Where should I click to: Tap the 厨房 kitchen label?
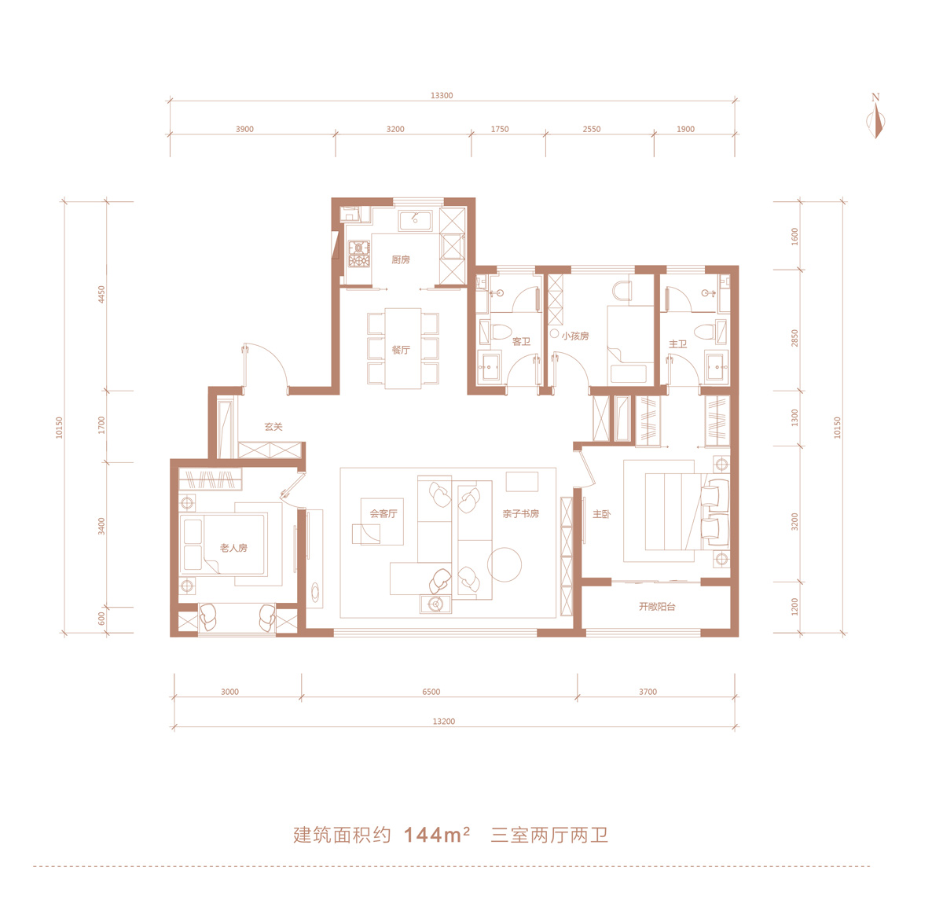(401, 259)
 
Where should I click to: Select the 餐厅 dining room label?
(401, 350)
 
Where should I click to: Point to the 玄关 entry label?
(273, 427)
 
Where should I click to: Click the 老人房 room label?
(233, 548)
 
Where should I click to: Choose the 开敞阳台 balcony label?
(657, 606)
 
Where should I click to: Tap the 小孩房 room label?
(575, 336)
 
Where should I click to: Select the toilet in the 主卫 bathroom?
(705, 332)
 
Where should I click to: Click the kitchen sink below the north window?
(416, 220)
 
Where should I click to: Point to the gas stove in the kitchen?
(359, 254)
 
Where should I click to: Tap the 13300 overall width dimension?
(442, 95)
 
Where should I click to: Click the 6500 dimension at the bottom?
(431, 692)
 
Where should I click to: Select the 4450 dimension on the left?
(101, 294)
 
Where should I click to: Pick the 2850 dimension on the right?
(794, 338)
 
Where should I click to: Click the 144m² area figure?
(436, 836)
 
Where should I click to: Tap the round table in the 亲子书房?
(505, 564)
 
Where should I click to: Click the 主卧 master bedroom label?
(601, 514)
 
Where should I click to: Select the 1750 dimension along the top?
(499, 129)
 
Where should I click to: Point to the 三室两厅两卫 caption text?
(549, 836)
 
